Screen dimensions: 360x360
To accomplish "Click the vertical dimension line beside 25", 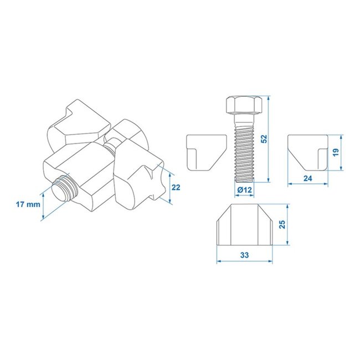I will [x=288, y=225].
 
